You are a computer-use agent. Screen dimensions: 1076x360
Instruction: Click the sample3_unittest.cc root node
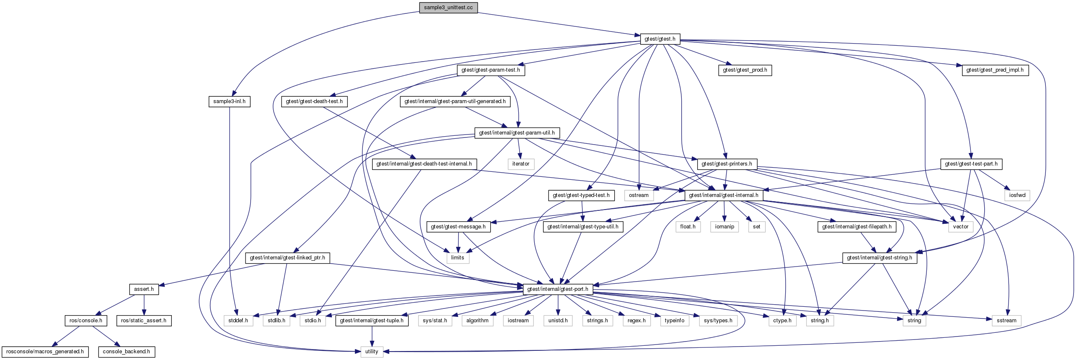(448, 8)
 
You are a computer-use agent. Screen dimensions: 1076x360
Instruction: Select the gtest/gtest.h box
(660, 39)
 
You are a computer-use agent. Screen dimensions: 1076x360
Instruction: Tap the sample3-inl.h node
(229, 101)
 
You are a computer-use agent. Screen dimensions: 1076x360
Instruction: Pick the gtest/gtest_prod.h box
(745, 70)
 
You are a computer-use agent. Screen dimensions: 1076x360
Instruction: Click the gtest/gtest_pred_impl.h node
(995, 70)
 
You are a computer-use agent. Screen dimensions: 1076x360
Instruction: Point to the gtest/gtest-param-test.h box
(491, 70)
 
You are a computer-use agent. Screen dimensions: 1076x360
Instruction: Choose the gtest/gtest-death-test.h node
(314, 101)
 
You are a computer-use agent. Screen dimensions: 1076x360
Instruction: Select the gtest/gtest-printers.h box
(727, 164)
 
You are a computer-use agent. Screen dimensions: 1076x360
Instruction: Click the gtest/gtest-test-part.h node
(971, 164)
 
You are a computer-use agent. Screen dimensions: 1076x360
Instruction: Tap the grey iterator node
(521, 164)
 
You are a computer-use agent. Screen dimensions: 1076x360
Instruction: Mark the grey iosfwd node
(1017, 195)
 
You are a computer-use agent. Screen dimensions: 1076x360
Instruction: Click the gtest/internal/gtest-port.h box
(558, 289)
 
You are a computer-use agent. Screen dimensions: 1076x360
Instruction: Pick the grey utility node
(372, 352)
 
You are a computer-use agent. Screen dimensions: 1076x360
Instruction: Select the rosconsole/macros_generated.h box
(45, 352)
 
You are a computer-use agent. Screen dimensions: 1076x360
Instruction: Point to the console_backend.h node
(126, 352)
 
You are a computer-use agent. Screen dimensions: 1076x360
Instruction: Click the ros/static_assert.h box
(144, 321)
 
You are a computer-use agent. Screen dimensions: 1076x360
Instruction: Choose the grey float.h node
(688, 227)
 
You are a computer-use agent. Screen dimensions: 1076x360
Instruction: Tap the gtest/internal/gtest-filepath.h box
(857, 227)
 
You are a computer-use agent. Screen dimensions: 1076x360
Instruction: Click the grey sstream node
(1006, 321)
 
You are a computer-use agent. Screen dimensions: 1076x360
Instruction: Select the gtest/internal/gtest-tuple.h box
(372, 321)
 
